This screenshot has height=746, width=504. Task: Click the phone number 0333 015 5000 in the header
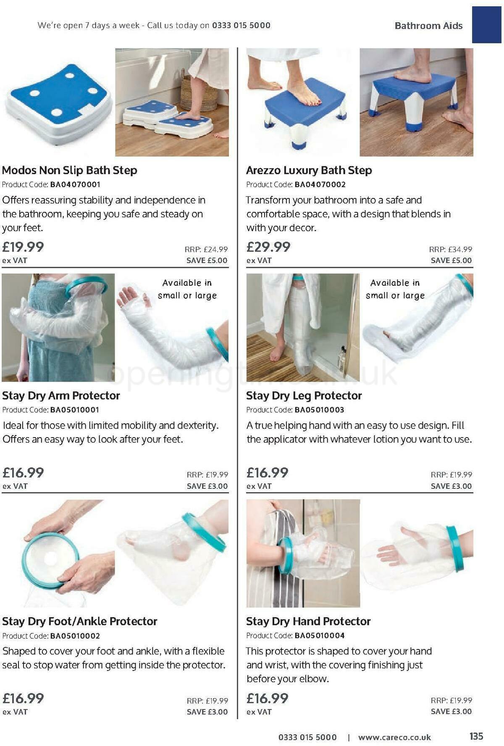point(241,25)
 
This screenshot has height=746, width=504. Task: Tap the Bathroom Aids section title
point(428,26)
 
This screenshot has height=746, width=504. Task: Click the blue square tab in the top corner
point(486,24)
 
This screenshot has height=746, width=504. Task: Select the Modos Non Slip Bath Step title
point(70,170)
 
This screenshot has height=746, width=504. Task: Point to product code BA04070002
point(320,185)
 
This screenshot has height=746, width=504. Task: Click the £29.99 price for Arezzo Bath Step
point(268,247)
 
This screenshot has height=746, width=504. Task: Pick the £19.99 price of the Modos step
point(23,247)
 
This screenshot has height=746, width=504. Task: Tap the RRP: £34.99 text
point(451,250)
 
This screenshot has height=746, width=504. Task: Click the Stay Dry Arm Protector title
point(61,395)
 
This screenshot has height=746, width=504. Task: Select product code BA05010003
point(319,410)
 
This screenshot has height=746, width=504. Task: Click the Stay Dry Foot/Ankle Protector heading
point(80,621)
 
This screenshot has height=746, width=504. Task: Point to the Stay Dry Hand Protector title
point(308,621)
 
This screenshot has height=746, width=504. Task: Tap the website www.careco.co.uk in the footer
point(394,737)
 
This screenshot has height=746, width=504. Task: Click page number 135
point(476,736)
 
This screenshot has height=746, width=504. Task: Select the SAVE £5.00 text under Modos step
point(207,261)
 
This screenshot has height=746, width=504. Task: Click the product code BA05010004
point(319,635)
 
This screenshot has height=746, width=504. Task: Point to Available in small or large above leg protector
point(395,289)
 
